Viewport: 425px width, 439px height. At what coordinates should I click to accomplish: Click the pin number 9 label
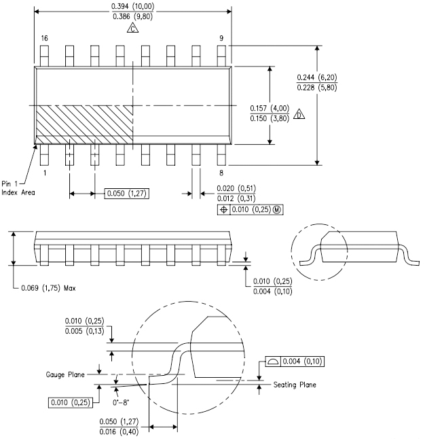[221, 39]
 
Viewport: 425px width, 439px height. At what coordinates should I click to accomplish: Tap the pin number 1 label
[43, 173]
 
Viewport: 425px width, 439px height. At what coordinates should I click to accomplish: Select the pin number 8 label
[221, 173]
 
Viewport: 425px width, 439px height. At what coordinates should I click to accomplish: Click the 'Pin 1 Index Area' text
[18, 188]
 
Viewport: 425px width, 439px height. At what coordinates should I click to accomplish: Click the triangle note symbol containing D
[299, 116]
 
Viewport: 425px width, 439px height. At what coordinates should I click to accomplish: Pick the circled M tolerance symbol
[276, 209]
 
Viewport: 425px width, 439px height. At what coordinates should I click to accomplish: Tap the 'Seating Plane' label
[294, 385]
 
